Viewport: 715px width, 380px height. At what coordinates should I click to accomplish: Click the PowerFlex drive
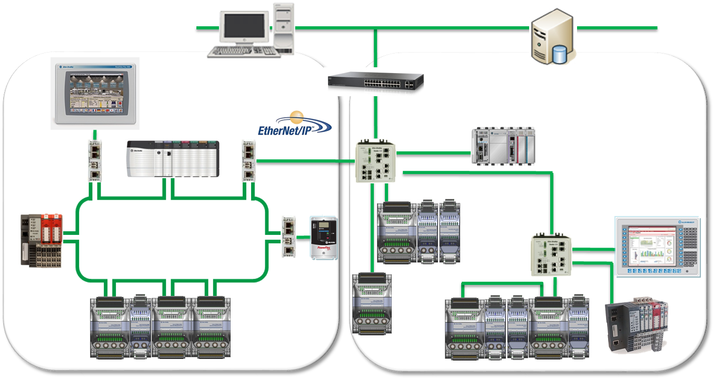323,238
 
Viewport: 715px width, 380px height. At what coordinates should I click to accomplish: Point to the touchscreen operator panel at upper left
95,93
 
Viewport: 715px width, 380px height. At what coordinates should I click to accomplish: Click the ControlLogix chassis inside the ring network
172,159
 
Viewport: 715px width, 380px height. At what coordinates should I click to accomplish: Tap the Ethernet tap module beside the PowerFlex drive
289,237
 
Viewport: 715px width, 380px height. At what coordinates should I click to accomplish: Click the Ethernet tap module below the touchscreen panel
95,160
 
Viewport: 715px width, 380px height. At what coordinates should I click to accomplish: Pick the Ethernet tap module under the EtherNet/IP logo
249,160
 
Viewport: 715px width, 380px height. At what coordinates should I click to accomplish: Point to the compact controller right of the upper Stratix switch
503,147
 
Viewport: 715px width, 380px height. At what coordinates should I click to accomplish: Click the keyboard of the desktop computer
243,52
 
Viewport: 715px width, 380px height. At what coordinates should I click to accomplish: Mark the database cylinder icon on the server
560,53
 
